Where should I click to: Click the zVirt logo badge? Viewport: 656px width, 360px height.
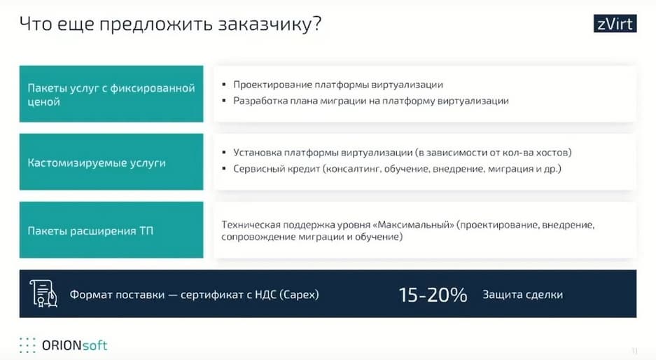pos(615,23)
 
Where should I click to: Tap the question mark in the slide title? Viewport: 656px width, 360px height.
pos(316,23)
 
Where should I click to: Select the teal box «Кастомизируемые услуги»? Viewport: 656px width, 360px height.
pos(111,162)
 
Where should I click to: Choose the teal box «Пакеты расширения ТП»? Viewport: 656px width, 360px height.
pos(111,230)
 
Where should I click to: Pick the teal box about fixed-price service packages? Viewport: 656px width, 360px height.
pos(111,94)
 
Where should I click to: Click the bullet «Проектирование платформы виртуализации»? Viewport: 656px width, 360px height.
pos(338,85)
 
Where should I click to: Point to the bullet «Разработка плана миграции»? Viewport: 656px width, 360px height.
pos(371,101)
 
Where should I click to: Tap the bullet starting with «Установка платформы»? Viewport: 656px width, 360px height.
pos(403,153)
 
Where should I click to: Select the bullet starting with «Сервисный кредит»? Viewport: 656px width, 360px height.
pos(397,169)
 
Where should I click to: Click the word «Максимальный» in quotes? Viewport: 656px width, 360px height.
pos(415,225)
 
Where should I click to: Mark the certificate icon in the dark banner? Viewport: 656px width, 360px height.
pos(43,293)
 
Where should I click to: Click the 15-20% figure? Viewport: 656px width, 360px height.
pos(433,295)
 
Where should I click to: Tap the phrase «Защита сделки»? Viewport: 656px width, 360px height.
pos(522,295)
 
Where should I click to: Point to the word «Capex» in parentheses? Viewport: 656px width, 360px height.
pos(299,295)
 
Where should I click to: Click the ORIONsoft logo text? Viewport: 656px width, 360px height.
pos(74,345)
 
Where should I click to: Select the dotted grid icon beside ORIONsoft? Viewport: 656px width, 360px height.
pos(27,345)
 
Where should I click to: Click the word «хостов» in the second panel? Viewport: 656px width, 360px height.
pos(554,153)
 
